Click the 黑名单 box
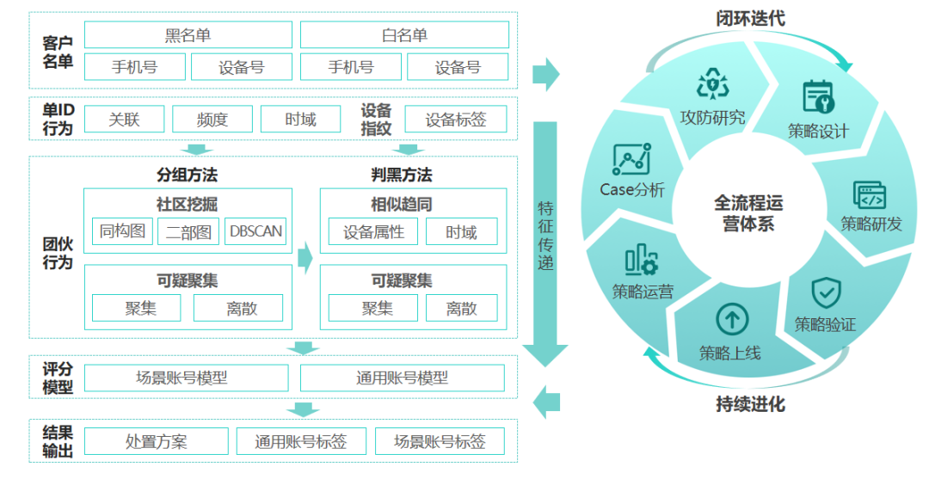pyautogui.click(x=188, y=35)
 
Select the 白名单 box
pyautogui.click(x=403, y=35)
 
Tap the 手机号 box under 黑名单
pyautogui.click(x=134, y=67)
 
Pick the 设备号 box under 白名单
pyautogui.click(x=457, y=67)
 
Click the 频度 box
pyautogui.click(x=212, y=120)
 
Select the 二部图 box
pyautogui.click(x=188, y=231)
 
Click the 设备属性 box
pyautogui.click(x=372, y=231)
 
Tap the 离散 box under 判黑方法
pyautogui.click(x=461, y=308)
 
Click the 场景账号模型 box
pyautogui.click(x=188, y=378)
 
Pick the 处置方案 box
pyautogui.click(x=156, y=441)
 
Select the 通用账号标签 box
pyautogui.click(x=301, y=441)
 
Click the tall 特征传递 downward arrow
pyautogui.click(x=545, y=241)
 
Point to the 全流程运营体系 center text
pyautogui.click(x=748, y=212)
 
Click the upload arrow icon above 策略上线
pyautogui.click(x=731, y=320)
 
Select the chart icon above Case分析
pyautogui.click(x=631, y=160)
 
